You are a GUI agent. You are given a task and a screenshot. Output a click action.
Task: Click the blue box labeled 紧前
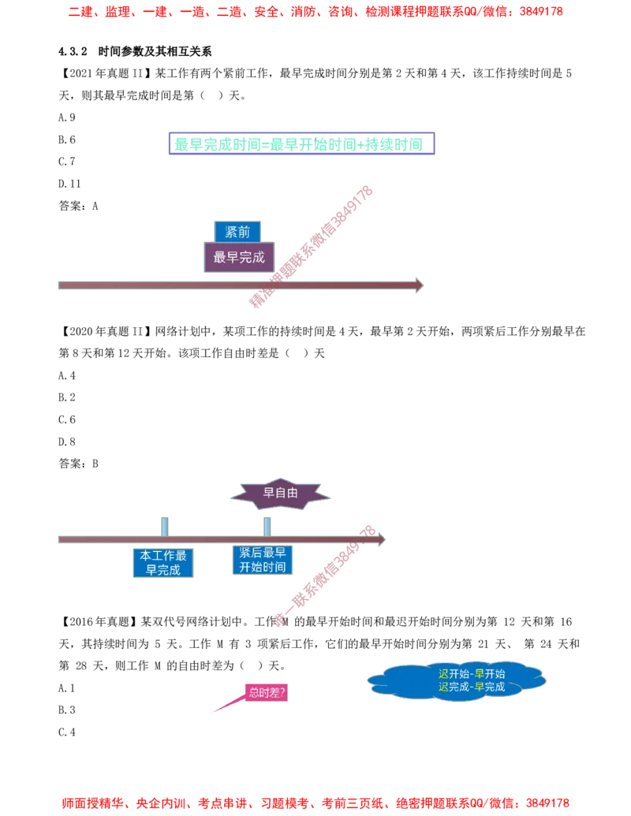point(237,232)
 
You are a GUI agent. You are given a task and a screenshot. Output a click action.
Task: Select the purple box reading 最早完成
point(239,257)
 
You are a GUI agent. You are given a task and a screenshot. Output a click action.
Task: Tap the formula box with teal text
point(300,143)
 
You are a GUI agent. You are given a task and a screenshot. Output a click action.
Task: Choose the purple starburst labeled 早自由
point(280,493)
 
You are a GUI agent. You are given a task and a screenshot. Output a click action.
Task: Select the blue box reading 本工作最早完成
point(163,562)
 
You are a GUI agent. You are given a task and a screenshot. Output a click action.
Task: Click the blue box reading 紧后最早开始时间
point(261,561)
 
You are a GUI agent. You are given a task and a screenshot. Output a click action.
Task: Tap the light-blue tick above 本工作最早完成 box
point(164,523)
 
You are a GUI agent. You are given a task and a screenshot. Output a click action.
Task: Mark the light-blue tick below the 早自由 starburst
point(266,523)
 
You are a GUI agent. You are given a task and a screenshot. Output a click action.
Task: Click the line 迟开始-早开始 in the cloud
point(471,674)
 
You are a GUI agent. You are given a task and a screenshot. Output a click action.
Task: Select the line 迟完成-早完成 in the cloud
point(471,687)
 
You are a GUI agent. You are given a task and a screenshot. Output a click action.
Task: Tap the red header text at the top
point(315,12)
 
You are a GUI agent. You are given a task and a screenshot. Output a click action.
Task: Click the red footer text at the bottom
point(315,803)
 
